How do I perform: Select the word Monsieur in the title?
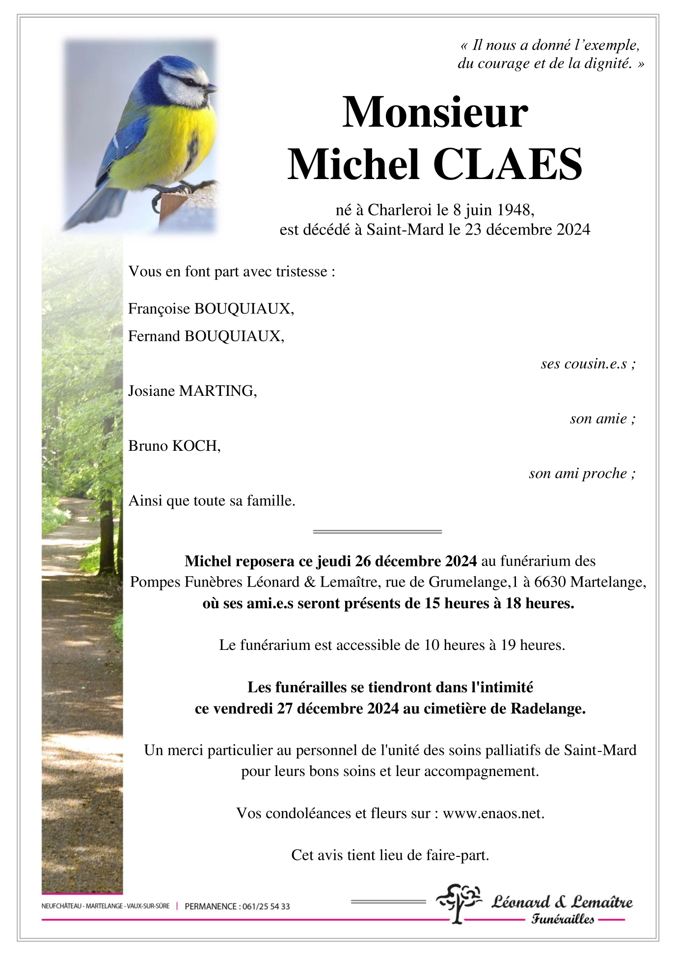click(x=435, y=113)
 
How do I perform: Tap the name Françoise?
click(x=159, y=309)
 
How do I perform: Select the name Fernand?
click(x=154, y=336)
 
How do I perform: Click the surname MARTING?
click(x=217, y=391)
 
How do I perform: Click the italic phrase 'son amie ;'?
click(x=602, y=418)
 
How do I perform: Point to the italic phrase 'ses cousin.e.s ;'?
click(x=588, y=363)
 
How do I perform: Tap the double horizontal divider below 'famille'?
click(x=377, y=532)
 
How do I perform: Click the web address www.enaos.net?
click(x=493, y=813)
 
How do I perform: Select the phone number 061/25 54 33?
click(x=266, y=906)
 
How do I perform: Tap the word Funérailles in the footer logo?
click(x=563, y=919)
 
